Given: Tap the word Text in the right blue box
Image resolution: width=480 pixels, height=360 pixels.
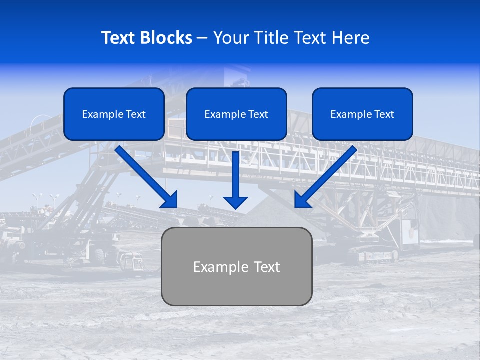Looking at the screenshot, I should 384,114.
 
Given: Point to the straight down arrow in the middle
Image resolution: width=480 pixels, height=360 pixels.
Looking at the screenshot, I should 235,175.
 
